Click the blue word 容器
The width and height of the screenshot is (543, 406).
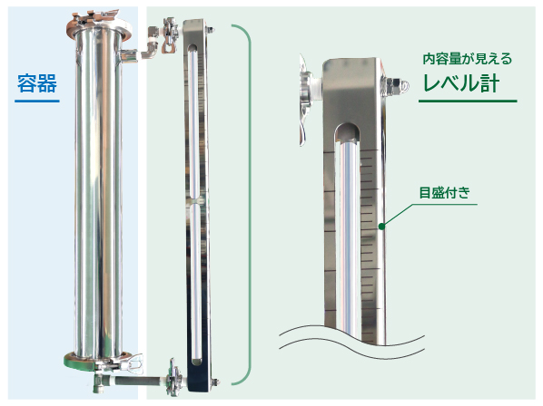[37, 84]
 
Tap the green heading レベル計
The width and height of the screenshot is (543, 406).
[462, 82]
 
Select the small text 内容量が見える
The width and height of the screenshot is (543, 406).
[468, 59]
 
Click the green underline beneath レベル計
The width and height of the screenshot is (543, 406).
[467, 100]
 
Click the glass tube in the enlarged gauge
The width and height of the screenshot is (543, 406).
[348, 236]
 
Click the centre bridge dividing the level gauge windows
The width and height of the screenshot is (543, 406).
[197, 197]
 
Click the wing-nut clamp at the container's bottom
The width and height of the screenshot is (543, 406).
[133, 366]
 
